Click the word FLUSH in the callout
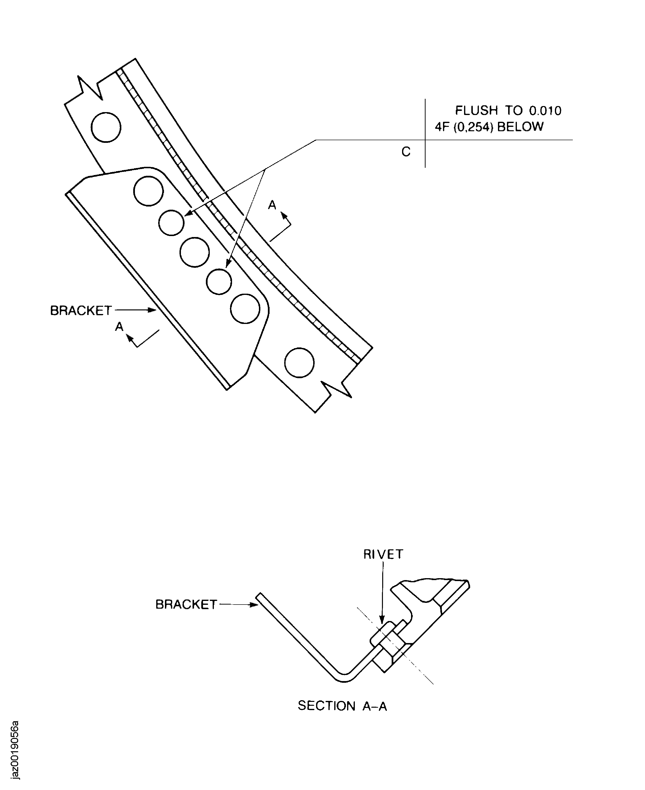pos(476,110)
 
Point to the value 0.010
pos(545,110)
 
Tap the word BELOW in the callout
pos(520,127)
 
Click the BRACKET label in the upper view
pos(81,310)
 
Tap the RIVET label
pos(383,554)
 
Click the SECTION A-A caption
pos(342,706)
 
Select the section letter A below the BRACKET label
pos(119,326)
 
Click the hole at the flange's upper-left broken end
pos(106,127)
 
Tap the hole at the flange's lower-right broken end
pos(299,363)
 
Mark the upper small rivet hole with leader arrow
pos(171,223)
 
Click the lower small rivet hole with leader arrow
pos(219,282)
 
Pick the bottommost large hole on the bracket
pos(245,309)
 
